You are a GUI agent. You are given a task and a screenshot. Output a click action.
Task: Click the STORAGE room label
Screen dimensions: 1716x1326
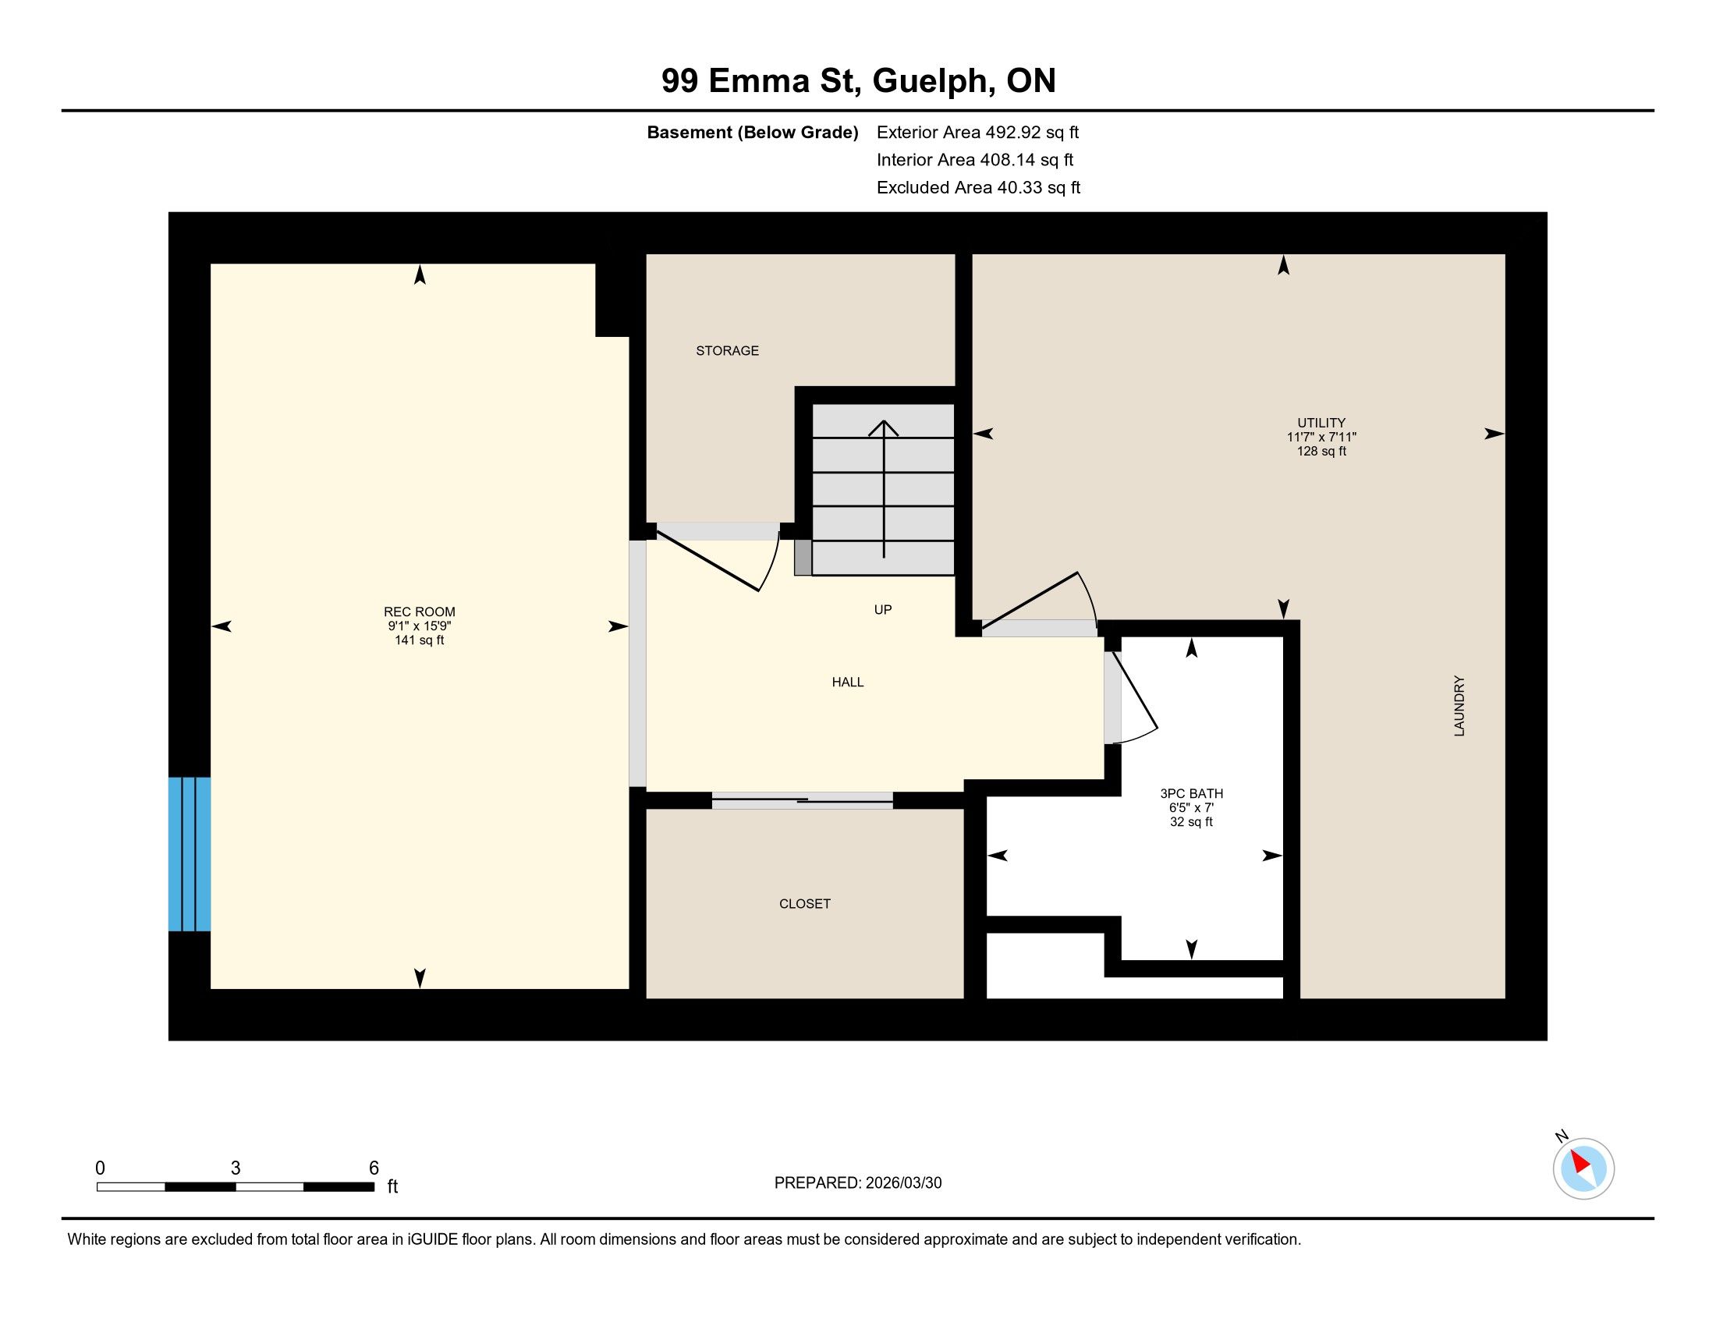[x=727, y=350]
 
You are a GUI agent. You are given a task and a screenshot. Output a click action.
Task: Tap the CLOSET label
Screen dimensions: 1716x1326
[x=805, y=903]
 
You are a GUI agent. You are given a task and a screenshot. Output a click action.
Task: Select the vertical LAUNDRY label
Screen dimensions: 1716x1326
[x=1459, y=705]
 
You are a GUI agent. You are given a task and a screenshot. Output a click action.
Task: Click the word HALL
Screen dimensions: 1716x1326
[x=848, y=682]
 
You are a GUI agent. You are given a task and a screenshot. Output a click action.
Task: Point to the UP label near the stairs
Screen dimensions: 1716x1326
[x=882, y=610]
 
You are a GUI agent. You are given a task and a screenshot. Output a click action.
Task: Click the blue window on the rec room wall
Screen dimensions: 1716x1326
[x=190, y=854]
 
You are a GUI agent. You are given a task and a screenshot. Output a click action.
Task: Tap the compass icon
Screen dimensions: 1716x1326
[x=1583, y=1168]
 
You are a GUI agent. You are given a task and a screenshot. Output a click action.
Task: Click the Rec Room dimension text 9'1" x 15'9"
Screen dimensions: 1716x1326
[x=419, y=626]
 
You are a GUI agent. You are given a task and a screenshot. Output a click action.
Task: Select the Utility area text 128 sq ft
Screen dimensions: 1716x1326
[x=1321, y=451]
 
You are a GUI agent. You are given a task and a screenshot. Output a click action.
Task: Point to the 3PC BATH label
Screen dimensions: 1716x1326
[x=1191, y=793]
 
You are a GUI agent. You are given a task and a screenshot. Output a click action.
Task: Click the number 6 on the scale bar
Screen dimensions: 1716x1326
[x=374, y=1168]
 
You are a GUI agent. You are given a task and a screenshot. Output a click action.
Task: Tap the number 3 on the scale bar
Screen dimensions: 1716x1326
[x=235, y=1168]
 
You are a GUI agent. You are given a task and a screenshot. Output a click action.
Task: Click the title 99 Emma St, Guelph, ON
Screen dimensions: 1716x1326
[x=858, y=80]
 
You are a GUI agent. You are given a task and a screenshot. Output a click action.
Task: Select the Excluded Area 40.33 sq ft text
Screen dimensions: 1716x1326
[x=978, y=187]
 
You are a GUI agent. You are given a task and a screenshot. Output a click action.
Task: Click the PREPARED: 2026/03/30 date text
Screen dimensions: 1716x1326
[x=857, y=1183]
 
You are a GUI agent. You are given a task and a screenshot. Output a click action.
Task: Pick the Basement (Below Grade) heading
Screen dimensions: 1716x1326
[x=752, y=132]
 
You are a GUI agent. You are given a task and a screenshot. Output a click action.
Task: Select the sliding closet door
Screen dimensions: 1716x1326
[x=802, y=800]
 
